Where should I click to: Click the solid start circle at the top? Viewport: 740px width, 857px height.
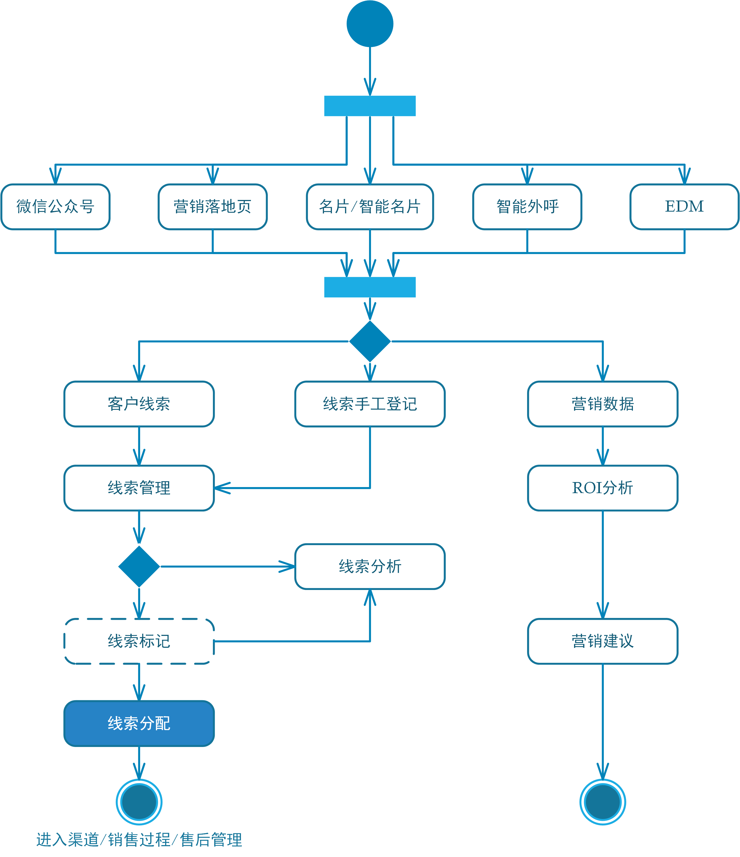370,23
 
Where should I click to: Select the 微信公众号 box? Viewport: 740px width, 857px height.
55,206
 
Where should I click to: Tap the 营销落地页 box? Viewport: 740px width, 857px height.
213,206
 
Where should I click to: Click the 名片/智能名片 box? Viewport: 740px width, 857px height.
370,206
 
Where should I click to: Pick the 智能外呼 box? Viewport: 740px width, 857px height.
527,206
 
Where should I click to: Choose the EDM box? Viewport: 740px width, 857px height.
684,206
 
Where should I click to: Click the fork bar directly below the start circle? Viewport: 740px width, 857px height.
370,106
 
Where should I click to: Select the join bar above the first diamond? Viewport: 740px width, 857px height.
370,287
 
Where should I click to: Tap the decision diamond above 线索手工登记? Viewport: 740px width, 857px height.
370,341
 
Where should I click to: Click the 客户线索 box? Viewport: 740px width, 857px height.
139,404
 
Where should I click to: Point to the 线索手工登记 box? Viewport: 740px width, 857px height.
370,404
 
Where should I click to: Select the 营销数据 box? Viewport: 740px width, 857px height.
603,404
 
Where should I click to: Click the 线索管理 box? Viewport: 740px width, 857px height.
139,488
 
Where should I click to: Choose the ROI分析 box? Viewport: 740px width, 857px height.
603,488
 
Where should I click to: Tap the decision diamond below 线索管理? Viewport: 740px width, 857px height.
139,566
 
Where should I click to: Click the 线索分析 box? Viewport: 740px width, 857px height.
370,566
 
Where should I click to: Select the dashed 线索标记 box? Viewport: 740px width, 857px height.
139,641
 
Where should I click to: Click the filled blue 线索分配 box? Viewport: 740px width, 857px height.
139,723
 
